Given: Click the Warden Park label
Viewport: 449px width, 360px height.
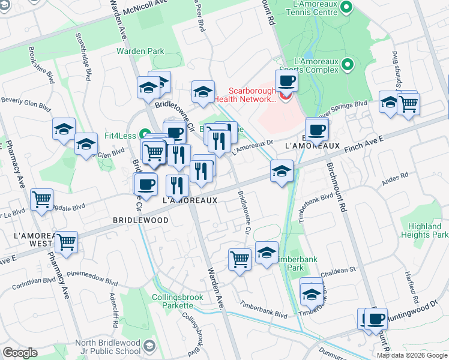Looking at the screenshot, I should [x=140, y=52].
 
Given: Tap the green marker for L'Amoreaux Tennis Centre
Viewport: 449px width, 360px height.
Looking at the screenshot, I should [x=346, y=8].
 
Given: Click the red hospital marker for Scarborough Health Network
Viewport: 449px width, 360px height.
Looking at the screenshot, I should [x=286, y=94].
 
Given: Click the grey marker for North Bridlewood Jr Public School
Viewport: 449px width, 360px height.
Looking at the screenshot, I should [x=149, y=346].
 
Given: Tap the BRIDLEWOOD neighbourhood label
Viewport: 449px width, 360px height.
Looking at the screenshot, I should [x=140, y=220].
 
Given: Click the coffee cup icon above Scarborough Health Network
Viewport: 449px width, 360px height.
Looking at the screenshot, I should [x=286, y=80].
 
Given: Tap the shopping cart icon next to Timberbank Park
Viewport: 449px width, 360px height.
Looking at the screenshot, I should [x=240, y=259].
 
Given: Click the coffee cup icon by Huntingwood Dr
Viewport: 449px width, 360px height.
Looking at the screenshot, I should [x=376, y=319].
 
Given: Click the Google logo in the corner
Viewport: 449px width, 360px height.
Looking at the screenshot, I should [x=20, y=353].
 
